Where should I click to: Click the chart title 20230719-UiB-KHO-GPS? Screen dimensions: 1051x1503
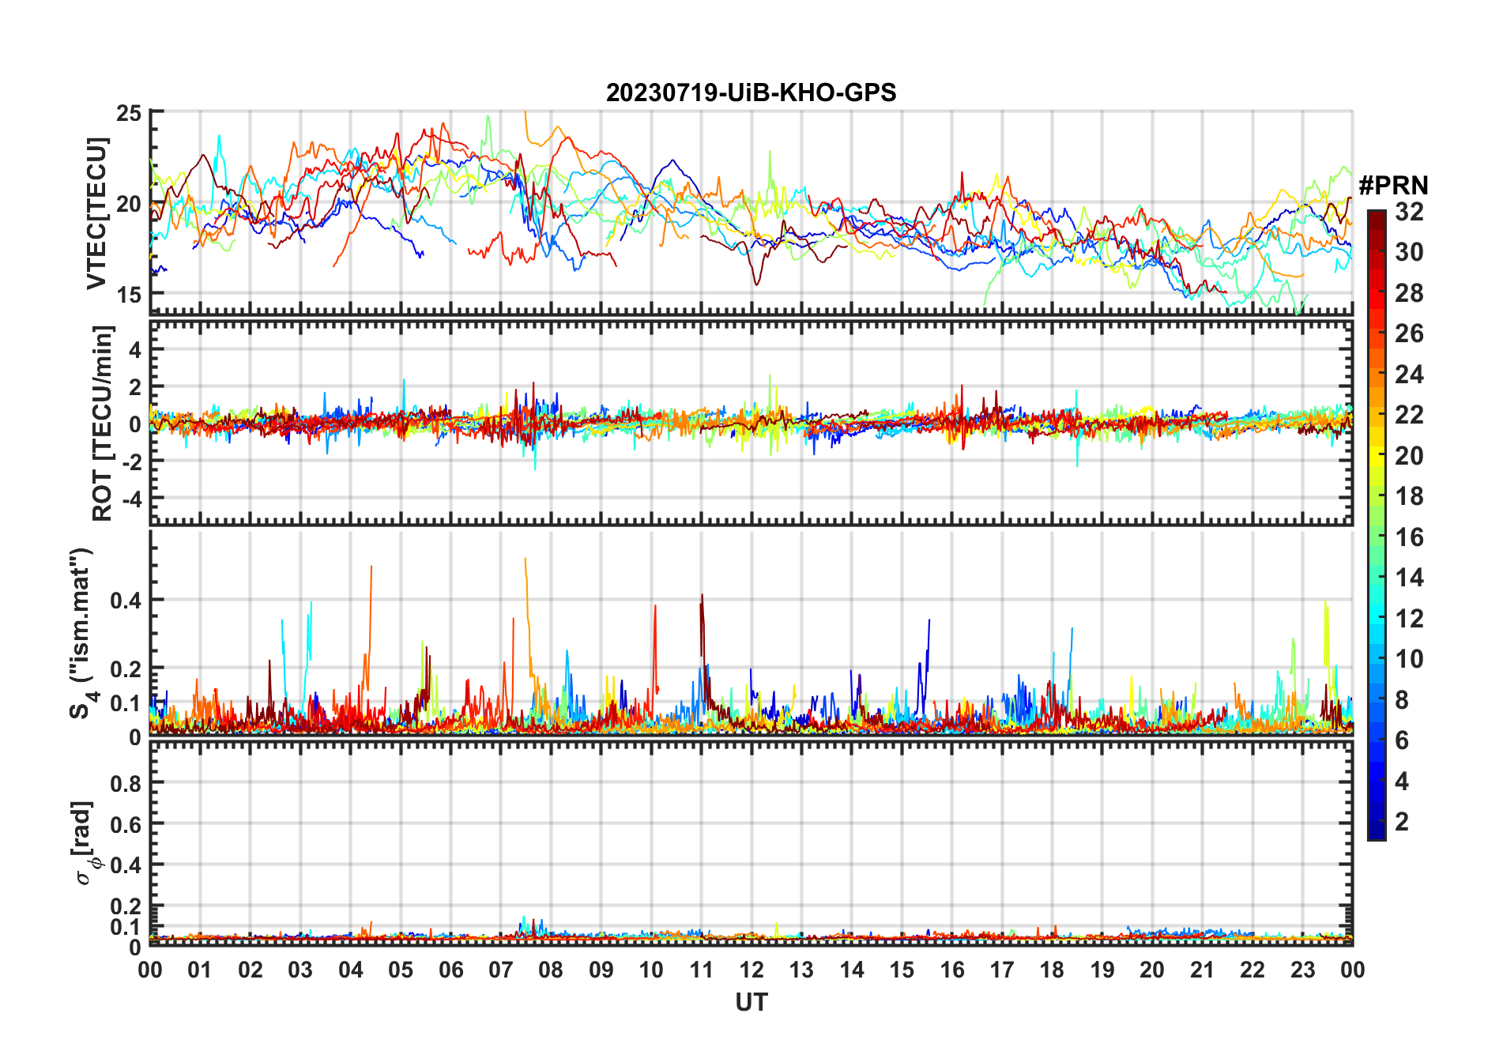tap(751, 93)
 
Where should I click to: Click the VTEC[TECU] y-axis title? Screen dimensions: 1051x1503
tap(96, 213)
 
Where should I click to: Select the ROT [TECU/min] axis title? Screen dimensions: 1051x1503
tap(103, 423)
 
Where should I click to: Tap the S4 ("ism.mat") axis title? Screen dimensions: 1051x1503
tap(82, 632)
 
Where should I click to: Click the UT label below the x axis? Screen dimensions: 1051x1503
tap(751, 1002)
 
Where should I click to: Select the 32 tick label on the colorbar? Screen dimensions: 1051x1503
tap(1409, 212)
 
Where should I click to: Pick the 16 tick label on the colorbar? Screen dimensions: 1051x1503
tap(1409, 537)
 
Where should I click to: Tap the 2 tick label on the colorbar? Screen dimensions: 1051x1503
tap(1402, 822)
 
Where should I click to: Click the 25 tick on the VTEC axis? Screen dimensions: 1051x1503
tap(129, 113)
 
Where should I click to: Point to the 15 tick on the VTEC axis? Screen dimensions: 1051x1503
tap(129, 295)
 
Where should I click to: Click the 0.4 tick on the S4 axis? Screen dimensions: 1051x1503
tap(126, 601)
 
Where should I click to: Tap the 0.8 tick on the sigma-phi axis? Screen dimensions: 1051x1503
tap(126, 783)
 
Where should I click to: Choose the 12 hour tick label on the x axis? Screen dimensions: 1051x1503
tap(751, 970)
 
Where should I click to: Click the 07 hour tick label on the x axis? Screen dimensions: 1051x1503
tap(501, 970)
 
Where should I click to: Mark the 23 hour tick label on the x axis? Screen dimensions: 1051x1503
tap(1302, 970)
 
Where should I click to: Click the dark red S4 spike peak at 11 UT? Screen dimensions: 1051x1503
tap(702, 596)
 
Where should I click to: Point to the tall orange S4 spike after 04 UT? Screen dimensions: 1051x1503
tap(371, 567)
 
